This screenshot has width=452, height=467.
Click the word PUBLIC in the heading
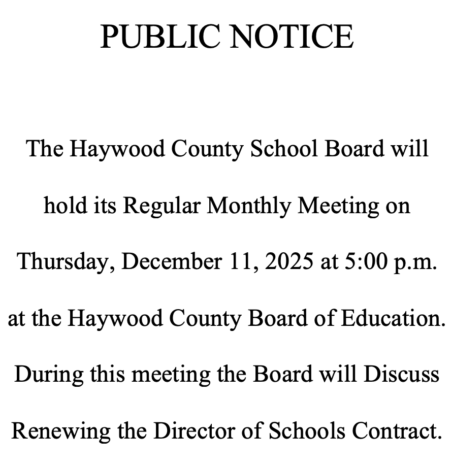[x=158, y=37]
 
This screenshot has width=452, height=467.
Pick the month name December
[x=172, y=262]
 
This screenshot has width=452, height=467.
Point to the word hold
[x=62, y=206]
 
